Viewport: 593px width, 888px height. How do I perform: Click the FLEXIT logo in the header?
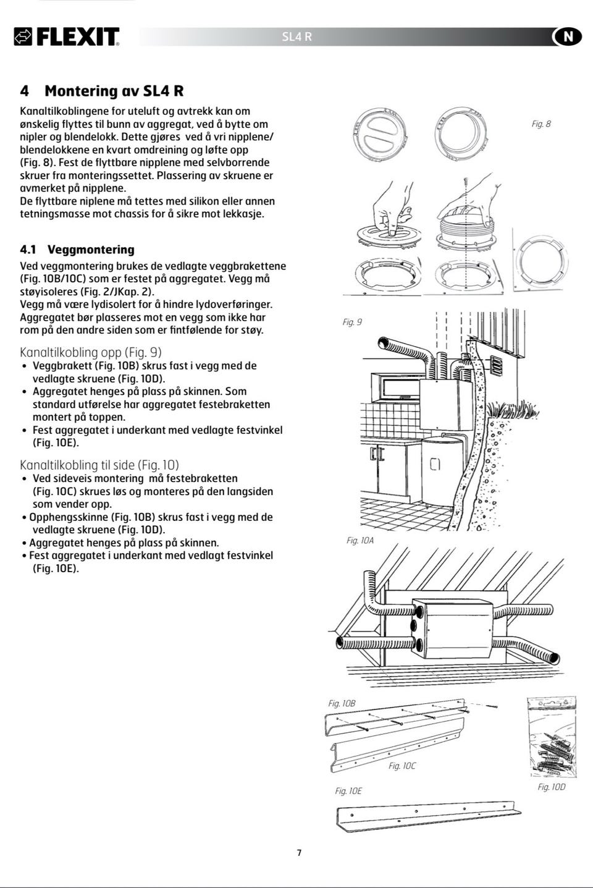[x=67, y=37]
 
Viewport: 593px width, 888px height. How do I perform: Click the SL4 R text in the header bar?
[x=296, y=37]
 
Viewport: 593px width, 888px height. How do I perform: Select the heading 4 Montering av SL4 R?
[x=102, y=91]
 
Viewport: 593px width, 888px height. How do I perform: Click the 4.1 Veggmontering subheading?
[x=77, y=250]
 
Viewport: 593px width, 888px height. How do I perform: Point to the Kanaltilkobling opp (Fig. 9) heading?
[x=91, y=352]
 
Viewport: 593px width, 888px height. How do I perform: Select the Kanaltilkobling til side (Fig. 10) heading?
[x=99, y=465]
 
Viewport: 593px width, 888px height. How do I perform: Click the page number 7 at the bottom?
[x=300, y=853]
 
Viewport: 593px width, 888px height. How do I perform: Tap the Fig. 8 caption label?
[x=541, y=124]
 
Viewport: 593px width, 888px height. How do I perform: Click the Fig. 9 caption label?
[x=352, y=322]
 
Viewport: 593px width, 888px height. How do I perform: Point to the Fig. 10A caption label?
[x=360, y=541]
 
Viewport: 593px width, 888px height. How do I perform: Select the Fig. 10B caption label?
[x=342, y=703]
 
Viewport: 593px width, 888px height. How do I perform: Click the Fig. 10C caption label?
[x=402, y=766]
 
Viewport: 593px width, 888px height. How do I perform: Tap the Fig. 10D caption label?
[x=551, y=787]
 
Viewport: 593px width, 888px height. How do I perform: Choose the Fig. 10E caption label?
[x=348, y=791]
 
